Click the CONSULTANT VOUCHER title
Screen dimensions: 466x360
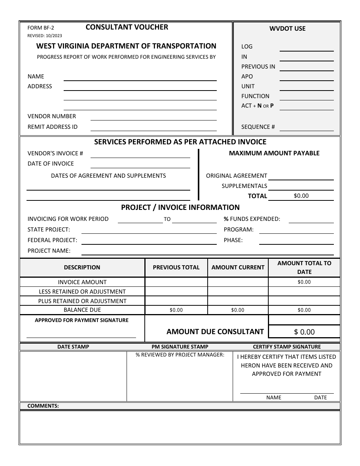pos(127,27)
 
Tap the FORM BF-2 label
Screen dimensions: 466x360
pos(41,28)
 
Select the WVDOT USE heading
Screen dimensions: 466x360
pos(287,28)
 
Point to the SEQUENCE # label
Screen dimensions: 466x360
pos(258,127)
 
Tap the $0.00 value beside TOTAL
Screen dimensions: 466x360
pos(301,196)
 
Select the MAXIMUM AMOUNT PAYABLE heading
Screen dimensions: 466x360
pos(274,153)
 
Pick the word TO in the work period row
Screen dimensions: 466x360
pos(167,219)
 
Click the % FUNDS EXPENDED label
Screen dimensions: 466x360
pos(252,219)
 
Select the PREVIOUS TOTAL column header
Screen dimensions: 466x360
pos(176,267)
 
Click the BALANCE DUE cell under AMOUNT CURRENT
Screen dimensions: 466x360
pos(238,310)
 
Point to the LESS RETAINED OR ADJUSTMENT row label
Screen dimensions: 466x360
pos(82,291)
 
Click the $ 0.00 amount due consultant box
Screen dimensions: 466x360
pos(304,332)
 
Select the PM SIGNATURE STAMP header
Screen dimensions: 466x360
pos(180,347)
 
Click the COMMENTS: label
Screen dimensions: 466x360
pos(43,406)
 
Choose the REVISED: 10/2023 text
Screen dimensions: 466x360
pos(45,36)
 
